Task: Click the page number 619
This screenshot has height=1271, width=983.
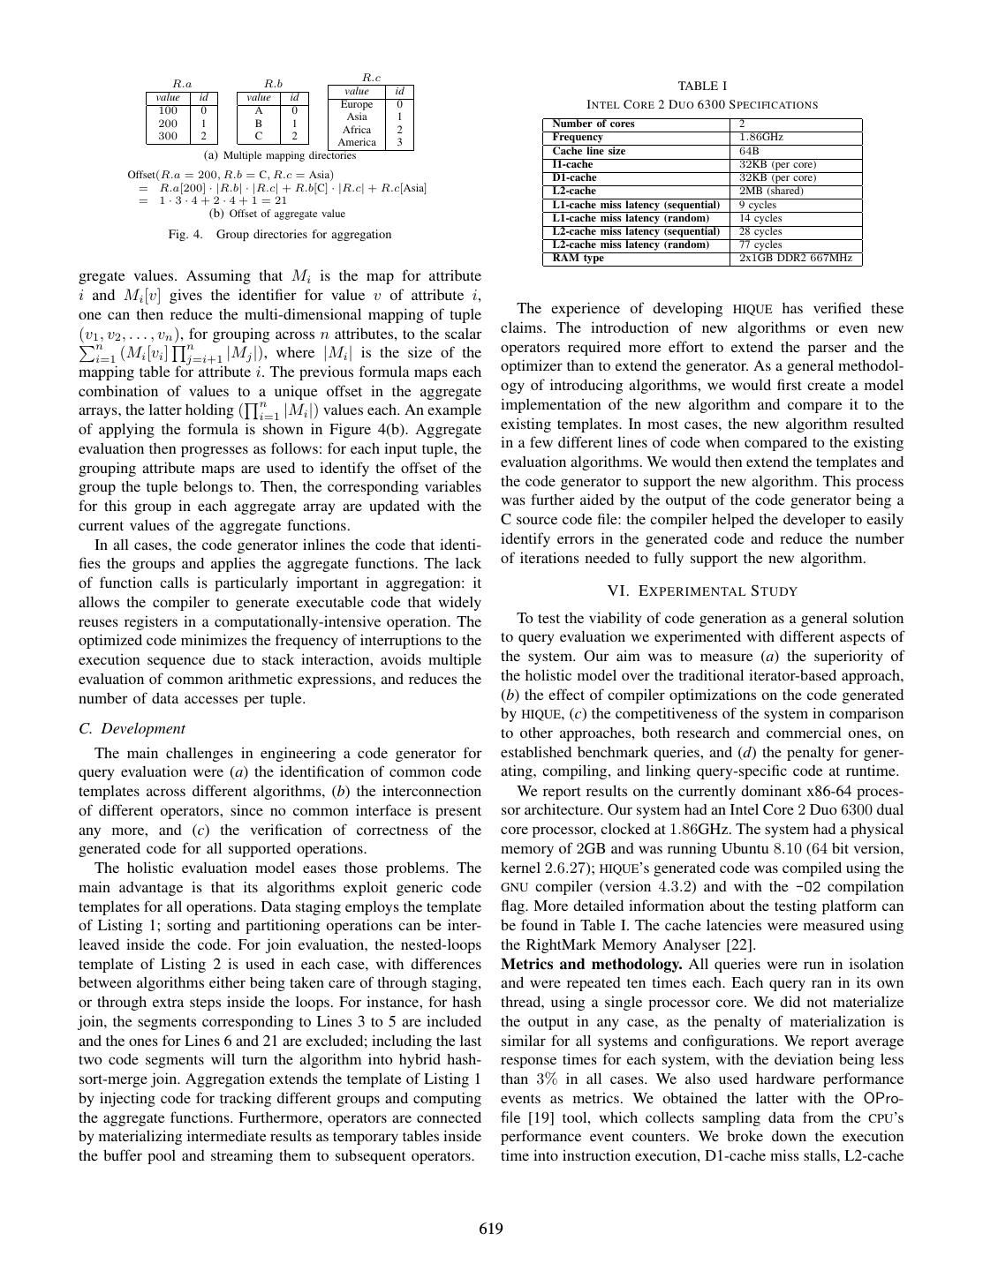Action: (x=491, y=1229)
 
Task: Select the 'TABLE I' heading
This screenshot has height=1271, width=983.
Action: (x=702, y=86)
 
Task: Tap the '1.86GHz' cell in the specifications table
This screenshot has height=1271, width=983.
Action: (x=760, y=138)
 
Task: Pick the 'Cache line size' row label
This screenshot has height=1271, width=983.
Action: (x=588, y=151)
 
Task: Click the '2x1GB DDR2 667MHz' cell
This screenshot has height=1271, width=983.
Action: (x=795, y=258)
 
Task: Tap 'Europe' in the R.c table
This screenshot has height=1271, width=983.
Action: (x=357, y=104)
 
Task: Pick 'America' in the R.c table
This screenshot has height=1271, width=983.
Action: (x=357, y=142)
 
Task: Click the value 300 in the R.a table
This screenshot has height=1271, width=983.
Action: (x=168, y=136)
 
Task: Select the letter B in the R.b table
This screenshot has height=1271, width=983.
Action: (x=259, y=124)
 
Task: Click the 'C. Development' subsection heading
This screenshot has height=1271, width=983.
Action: (x=132, y=728)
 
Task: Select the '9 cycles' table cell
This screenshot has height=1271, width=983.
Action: (x=757, y=205)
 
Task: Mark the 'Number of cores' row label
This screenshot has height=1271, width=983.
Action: (x=593, y=124)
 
